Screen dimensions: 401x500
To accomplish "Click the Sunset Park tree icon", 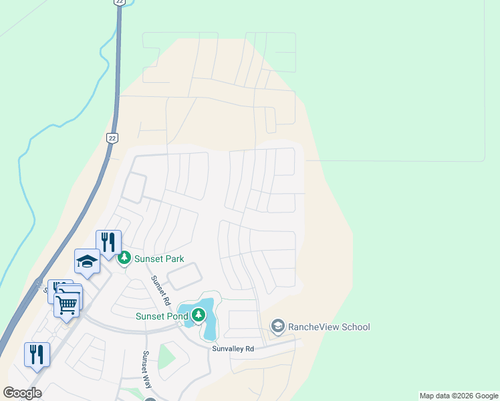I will click(x=124, y=258).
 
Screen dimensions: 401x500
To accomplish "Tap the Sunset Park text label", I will click(x=159, y=259).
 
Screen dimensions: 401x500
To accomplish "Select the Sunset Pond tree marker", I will click(x=199, y=313).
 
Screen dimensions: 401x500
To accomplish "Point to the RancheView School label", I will click(x=328, y=327).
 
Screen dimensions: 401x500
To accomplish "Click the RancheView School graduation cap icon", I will click(x=277, y=326).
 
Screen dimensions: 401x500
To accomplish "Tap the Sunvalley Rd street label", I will click(x=233, y=349).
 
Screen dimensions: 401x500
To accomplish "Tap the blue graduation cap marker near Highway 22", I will click(x=87, y=261).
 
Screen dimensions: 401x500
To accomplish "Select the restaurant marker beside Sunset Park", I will click(x=108, y=242).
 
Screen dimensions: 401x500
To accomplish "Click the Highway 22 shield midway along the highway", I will click(x=111, y=137).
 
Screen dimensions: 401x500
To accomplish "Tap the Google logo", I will click(x=23, y=393).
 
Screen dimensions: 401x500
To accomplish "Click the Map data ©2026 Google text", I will click(x=459, y=396).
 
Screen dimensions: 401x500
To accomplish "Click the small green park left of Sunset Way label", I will click(x=166, y=358).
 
